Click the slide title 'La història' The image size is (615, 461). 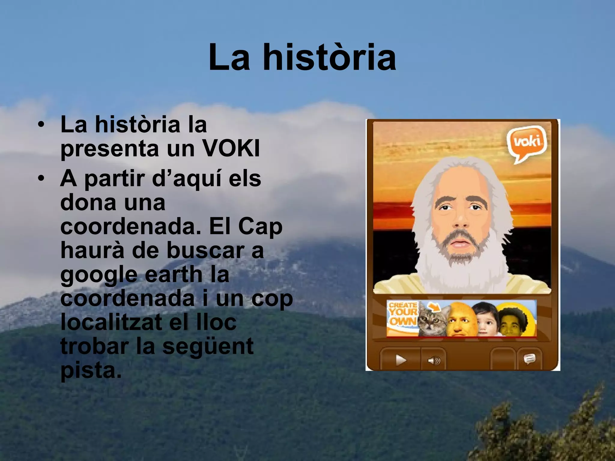coord(302,58)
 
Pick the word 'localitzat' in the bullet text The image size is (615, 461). coord(111,323)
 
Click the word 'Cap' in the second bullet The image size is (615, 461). coord(260,227)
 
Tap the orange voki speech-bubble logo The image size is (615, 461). coord(526,143)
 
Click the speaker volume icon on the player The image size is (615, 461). coord(434,360)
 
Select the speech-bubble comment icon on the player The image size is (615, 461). coord(529,359)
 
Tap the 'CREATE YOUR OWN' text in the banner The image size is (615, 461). coord(402,314)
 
